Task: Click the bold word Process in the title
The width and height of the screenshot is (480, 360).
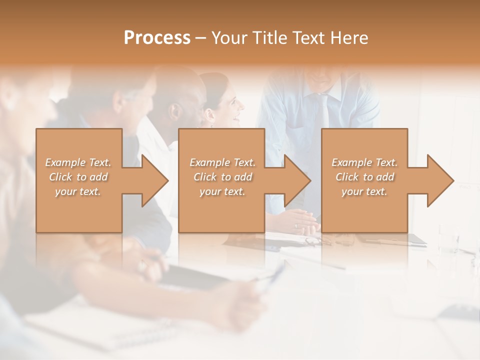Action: pyautogui.click(x=157, y=38)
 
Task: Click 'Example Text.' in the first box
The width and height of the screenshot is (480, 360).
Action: pyautogui.click(x=78, y=162)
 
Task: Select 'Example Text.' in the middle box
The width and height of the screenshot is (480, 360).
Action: pyautogui.click(x=222, y=162)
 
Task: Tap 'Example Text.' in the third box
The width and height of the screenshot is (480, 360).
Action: pyautogui.click(x=364, y=162)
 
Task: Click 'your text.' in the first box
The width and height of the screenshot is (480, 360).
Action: pyautogui.click(x=78, y=191)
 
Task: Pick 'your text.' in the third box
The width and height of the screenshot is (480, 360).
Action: pyautogui.click(x=364, y=191)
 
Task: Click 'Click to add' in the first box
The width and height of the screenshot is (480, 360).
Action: pyautogui.click(x=78, y=177)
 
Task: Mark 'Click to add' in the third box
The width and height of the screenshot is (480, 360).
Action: pyautogui.click(x=364, y=177)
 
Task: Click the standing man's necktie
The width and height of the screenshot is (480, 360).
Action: pyautogui.click(x=322, y=110)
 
